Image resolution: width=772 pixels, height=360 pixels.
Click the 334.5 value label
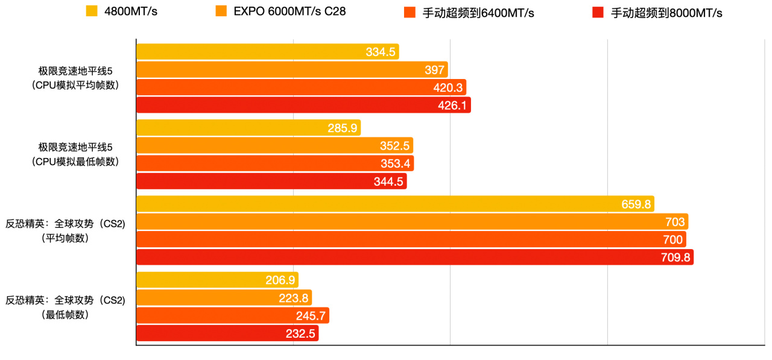point(380,52)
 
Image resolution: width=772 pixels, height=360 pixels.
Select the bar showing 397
point(291,70)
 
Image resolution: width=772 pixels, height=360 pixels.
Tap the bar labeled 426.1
point(303,106)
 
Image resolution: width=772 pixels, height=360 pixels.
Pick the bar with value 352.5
point(274,145)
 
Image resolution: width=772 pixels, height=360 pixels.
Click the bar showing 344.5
point(271,182)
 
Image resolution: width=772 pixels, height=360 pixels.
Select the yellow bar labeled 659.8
point(394,204)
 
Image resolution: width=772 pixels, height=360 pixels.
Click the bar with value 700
point(410,239)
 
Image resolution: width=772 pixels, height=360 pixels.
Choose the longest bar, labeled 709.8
point(414,257)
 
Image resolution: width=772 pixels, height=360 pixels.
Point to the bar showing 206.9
point(217,280)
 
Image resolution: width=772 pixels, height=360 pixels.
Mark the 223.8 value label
point(294,298)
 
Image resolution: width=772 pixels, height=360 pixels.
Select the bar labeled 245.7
point(232,315)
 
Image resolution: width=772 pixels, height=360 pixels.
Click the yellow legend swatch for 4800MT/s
point(92,11)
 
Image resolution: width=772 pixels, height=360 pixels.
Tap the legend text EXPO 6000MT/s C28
point(289,11)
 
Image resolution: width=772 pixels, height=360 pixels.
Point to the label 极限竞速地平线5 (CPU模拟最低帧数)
point(75,154)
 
